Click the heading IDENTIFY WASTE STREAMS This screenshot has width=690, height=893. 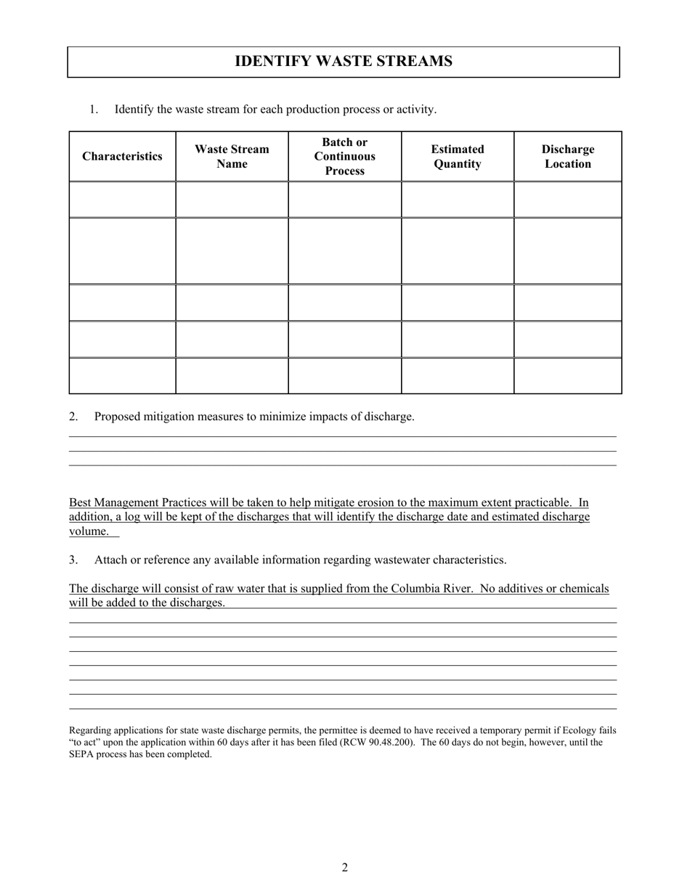click(x=343, y=62)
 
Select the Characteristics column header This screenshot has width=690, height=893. click(x=122, y=157)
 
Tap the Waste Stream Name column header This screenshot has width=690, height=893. click(x=232, y=157)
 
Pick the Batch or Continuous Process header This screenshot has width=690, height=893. click(x=344, y=157)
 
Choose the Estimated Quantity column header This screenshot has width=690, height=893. click(x=458, y=157)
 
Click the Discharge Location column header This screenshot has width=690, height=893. click(x=567, y=157)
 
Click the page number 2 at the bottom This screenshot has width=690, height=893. click(x=345, y=868)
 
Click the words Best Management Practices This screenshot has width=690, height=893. click(x=137, y=503)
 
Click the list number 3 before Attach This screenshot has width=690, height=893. click(x=73, y=560)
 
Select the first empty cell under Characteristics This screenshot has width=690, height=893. click(x=122, y=200)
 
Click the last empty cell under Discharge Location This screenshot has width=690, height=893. click(x=567, y=376)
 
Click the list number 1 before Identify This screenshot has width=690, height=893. click(x=94, y=110)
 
